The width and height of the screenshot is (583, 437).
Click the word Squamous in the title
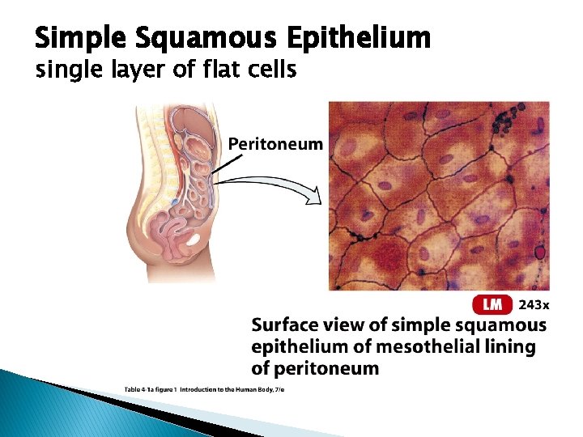189,38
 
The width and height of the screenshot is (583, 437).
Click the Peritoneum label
275,144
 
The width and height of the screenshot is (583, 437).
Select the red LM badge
492,304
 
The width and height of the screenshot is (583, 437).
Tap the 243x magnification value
534,305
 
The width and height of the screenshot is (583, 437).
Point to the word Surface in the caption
288,325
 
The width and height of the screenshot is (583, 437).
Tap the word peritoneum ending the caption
327,369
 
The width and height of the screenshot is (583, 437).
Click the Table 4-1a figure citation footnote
204,390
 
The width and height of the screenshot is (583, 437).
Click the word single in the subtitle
62,71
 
